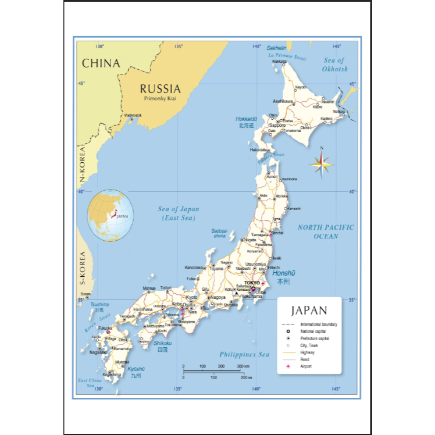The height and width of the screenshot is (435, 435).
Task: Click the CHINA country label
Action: tap(101, 63)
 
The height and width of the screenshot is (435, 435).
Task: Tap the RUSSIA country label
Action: tap(160, 89)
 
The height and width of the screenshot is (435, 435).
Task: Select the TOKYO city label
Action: tap(252, 283)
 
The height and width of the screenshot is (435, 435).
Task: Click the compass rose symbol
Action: tap(321, 165)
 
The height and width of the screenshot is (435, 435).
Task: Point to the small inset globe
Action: tap(110, 215)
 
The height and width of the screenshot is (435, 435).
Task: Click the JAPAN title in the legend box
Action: tap(309, 311)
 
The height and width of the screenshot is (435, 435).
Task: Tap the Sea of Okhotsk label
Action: tap(334, 64)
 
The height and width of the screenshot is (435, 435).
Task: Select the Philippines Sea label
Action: tap(244, 354)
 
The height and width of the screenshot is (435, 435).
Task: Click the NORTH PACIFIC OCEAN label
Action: tap(326, 231)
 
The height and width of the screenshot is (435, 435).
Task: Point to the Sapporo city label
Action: tap(277, 125)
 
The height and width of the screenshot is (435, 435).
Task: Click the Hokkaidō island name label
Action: tap(247, 119)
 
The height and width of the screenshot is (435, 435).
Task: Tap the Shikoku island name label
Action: tap(163, 343)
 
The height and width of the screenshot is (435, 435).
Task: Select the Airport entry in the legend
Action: tap(306, 366)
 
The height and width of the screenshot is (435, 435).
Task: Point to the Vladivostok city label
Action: tap(133, 115)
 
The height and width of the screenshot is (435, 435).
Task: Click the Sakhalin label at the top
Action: tap(276, 48)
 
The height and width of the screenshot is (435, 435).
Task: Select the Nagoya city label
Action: tap(218, 297)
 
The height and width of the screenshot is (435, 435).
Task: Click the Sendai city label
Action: tap(277, 233)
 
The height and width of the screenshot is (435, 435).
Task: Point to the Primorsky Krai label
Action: tap(160, 99)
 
